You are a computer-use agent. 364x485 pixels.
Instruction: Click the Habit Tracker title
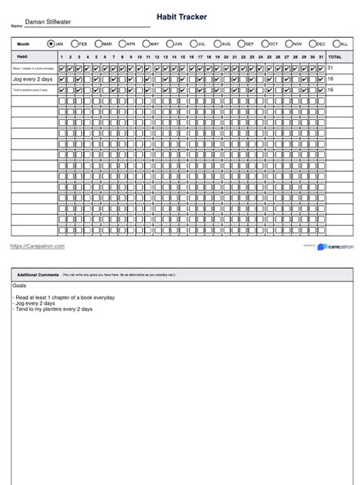tap(181, 16)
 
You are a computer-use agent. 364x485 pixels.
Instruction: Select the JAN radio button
tap(51, 45)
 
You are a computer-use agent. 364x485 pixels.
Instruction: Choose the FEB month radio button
tap(74, 45)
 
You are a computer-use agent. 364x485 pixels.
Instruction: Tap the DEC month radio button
tap(310, 45)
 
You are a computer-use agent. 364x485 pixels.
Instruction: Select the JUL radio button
tap(192, 45)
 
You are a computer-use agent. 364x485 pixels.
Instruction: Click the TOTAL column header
tap(336, 57)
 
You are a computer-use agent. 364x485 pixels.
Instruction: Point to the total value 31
tap(331, 68)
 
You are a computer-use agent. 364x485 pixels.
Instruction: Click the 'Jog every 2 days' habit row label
tap(33, 79)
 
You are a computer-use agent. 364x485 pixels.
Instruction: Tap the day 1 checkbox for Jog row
tap(62, 79)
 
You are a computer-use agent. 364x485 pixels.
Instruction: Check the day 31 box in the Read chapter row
tap(322, 68)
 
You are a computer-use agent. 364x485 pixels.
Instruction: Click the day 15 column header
tap(183, 57)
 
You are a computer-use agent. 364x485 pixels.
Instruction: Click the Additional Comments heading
tap(38, 275)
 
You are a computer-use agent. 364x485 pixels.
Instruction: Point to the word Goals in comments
tap(19, 285)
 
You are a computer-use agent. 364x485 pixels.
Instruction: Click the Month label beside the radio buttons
tap(24, 45)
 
